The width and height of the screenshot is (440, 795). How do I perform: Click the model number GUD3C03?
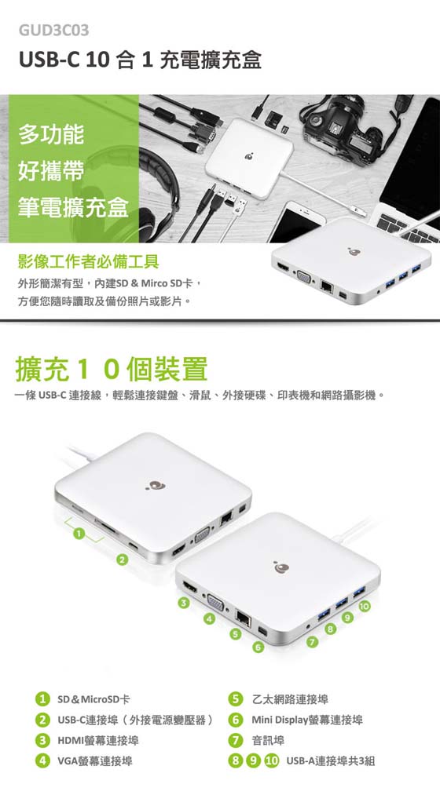(53, 31)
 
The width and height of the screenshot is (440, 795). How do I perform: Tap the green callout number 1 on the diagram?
(78, 533)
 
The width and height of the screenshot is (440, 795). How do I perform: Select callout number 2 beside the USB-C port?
(121, 560)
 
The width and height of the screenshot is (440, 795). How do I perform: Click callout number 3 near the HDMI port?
(185, 603)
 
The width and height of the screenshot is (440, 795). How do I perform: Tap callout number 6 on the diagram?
(258, 647)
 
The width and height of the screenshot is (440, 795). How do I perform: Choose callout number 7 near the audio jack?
(313, 643)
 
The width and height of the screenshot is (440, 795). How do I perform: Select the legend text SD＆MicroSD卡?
(93, 700)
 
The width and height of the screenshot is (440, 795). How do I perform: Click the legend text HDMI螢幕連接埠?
(97, 741)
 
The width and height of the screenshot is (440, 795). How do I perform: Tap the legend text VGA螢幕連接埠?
(94, 761)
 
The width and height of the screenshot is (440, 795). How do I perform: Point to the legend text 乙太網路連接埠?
(290, 700)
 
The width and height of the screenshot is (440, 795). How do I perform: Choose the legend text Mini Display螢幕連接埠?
(307, 720)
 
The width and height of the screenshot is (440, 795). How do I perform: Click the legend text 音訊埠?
(268, 741)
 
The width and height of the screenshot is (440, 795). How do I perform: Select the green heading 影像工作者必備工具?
(88, 261)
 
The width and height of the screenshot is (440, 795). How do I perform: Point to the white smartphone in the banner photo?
(296, 222)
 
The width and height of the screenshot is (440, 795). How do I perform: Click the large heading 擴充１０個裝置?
(112, 369)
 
